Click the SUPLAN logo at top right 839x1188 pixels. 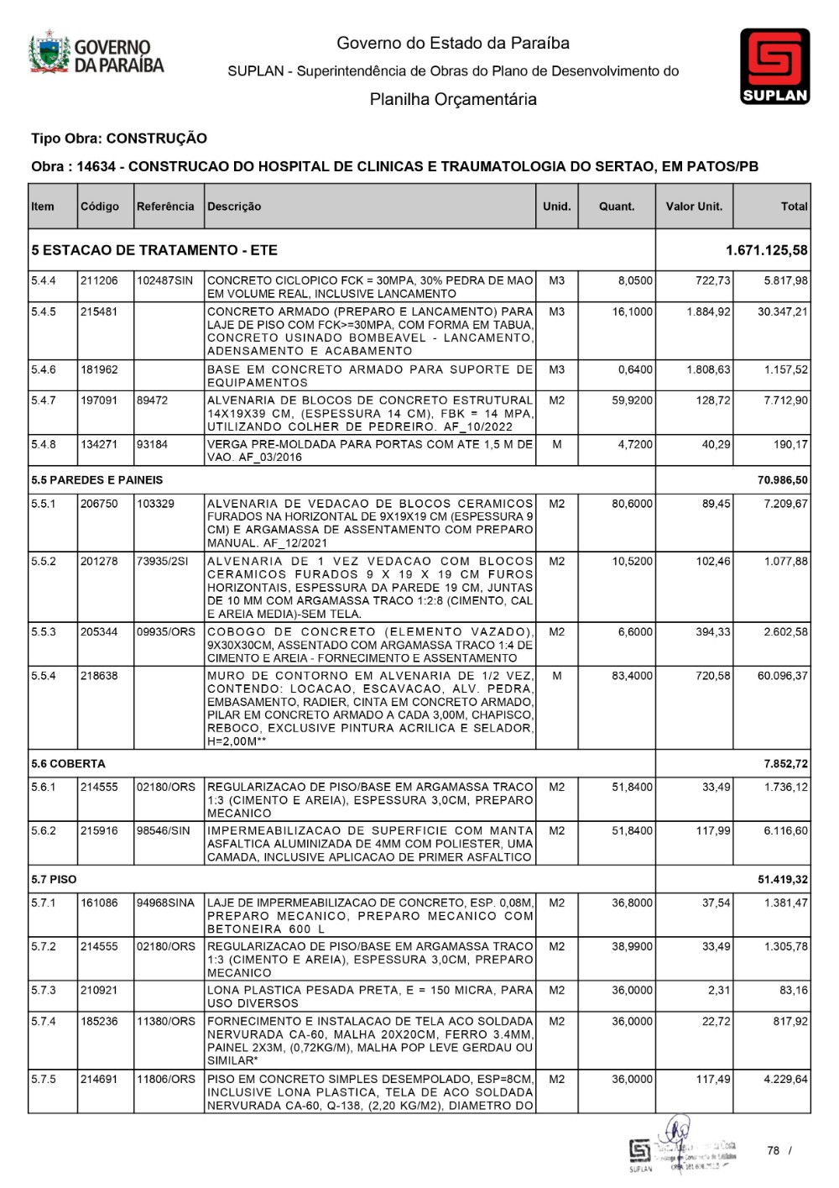(x=774, y=66)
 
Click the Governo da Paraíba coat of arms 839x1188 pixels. (x=50, y=53)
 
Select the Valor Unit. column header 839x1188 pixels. (x=694, y=207)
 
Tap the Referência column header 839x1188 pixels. (x=165, y=207)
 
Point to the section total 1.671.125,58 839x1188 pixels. (x=767, y=250)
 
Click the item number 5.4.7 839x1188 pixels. (x=44, y=400)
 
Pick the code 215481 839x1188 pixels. (x=99, y=311)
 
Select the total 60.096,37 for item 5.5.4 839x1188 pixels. (x=782, y=676)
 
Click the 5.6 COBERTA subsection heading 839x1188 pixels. (x=68, y=764)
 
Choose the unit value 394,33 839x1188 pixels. (x=712, y=632)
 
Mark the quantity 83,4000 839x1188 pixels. (x=632, y=676)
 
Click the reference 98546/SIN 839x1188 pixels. (x=164, y=831)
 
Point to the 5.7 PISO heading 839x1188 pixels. (x=54, y=880)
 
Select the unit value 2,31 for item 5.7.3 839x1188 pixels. (x=718, y=991)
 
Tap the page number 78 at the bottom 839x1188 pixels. (x=773, y=1151)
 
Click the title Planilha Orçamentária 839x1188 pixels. (x=453, y=100)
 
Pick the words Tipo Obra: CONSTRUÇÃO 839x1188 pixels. (x=119, y=139)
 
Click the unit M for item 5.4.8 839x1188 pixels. (x=556, y=444)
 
